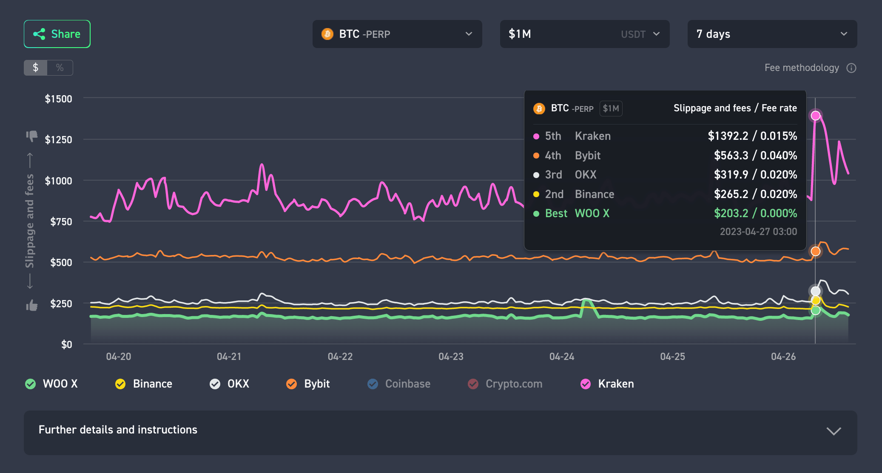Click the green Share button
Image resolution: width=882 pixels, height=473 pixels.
coord(57,34)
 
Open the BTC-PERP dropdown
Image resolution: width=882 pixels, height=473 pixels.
coord(397,34)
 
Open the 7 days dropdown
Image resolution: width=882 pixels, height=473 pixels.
coord(771,34)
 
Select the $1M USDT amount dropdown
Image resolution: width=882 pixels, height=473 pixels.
coord(584,34)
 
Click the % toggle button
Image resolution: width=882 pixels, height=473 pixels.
coord(60,68)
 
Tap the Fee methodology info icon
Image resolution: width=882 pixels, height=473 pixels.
coord(851,68)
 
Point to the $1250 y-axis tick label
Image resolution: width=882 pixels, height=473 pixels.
coord(58,139)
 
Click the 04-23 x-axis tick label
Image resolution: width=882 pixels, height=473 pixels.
coord(451,357)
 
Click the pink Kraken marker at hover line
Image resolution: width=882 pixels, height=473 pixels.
coord(815,116)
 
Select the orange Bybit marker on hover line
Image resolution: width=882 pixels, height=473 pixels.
coord(815,251)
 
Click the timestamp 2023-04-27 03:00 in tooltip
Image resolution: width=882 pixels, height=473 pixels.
coord(758,232)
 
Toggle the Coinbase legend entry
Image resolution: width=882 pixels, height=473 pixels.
coord(398,384)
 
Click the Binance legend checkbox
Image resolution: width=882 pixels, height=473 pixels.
coord(120,384)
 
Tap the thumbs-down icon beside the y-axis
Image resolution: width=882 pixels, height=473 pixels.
coord(31,136)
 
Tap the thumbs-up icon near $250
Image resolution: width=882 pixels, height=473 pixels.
coord(31,305)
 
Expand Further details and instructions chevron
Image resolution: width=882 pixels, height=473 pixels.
coord(833,431)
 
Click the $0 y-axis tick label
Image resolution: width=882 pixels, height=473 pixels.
coord(66,344)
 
